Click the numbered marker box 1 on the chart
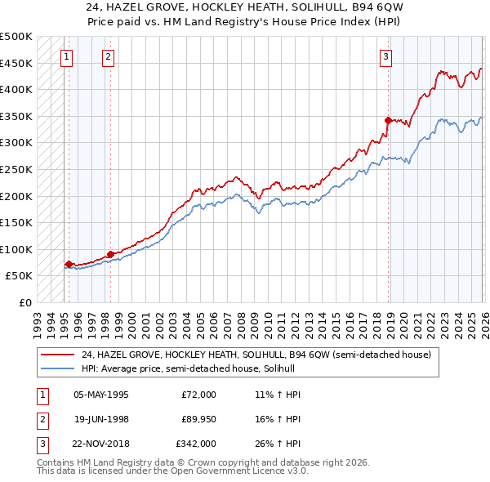coord(66,56)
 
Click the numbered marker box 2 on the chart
coord(109,56)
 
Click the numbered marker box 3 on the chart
coord(386,56)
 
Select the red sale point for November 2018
coord(388,119)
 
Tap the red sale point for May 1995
coord(69,264)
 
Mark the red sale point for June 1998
coord(110,254)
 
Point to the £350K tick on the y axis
coord(16,116)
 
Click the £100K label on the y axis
coord(16,249)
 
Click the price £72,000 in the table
coord(199,394)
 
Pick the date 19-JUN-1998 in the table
coord(101,419)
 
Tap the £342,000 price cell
coord(197,444)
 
